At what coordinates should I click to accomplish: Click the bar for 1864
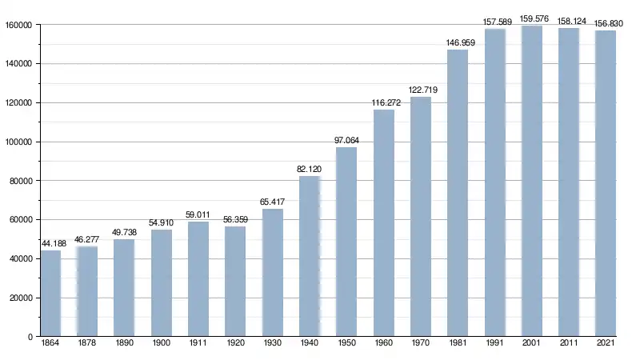[x=50, y=294]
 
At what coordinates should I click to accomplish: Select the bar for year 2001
[x=532, y=181]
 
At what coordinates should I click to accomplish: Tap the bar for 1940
[x=310, y=256]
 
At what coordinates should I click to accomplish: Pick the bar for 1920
[x=235, y=282]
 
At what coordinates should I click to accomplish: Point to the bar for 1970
[x=421, y=217]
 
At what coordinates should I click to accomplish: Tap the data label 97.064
[x=346, y=141]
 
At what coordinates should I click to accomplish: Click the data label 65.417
[x=273, y=202]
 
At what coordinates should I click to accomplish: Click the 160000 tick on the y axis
[x=17, y=25]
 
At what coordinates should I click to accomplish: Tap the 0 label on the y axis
[x=29, y=338]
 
